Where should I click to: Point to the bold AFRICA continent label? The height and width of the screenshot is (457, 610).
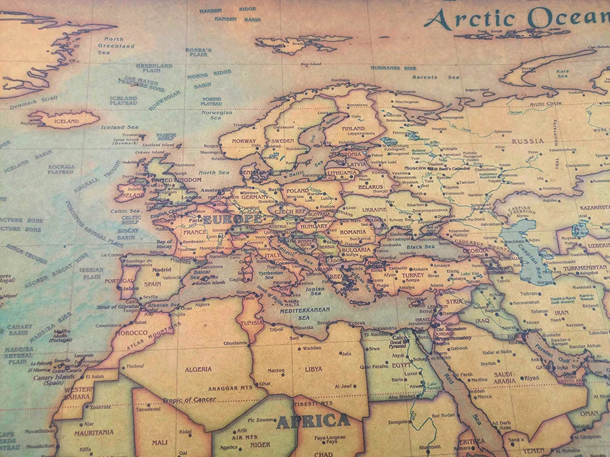(313, 421)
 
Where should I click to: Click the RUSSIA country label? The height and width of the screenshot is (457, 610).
(528, 141)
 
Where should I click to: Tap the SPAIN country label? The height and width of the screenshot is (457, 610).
(152, 284)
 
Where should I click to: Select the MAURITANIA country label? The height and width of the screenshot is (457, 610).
(93, 433)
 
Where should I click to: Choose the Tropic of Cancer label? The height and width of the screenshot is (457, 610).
(189, 400)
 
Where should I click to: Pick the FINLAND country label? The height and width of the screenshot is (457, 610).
(353, 128)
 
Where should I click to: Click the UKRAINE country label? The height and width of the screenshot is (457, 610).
(374, 209)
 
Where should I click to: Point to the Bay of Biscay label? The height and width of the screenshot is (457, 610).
(165, 245)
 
